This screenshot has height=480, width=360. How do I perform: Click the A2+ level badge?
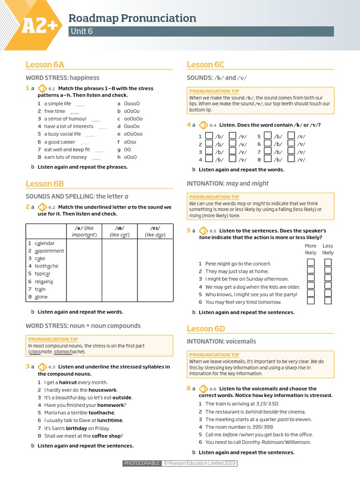[39, 26]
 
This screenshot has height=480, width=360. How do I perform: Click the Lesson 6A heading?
[45, 65]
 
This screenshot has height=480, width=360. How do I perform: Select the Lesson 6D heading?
[206, 328]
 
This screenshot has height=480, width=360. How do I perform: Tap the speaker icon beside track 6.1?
[41, 88]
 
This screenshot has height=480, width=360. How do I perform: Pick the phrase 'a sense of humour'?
[65, 119]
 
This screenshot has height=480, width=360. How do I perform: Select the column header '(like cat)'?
[120, 235]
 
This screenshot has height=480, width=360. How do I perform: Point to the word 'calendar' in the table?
[45, 243]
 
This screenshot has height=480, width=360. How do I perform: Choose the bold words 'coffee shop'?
[108, 435]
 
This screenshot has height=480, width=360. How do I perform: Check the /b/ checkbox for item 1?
[209, 136]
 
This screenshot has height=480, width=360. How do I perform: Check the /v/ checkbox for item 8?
[291, 159]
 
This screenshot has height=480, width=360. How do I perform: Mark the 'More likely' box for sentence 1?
[310, 262]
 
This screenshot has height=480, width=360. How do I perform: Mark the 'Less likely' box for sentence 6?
[328, 301]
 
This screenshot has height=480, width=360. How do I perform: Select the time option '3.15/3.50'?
[267, 404]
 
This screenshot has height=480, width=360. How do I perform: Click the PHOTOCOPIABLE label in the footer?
[142, 464]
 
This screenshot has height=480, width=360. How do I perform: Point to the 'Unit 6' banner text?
[81, 31]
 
